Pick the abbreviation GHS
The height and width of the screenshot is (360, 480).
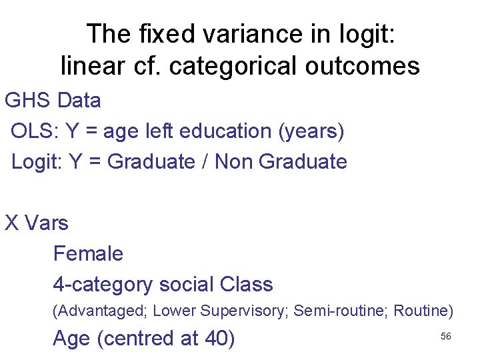point(28,101)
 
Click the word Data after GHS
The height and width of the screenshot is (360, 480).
point(79,101)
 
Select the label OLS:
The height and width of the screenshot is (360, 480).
point(35,131)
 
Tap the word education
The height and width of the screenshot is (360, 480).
point(229,131)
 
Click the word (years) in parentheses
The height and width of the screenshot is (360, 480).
point(313,131)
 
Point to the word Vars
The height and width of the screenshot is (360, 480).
point(47,223)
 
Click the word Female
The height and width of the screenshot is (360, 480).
point(88,253)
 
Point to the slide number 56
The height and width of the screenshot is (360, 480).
point(446,336)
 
